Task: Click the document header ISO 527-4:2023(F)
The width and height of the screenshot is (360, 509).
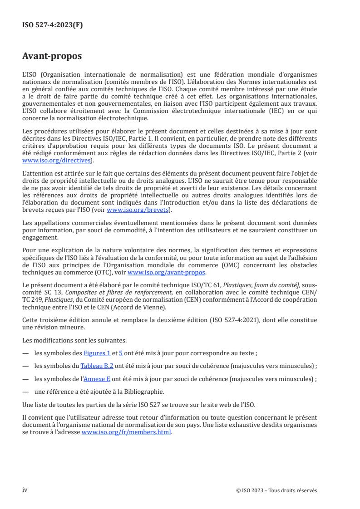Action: tap(53, 25)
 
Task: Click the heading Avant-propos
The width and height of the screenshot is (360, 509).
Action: tap(52, 56)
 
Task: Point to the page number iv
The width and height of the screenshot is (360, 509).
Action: tap(25, 489)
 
